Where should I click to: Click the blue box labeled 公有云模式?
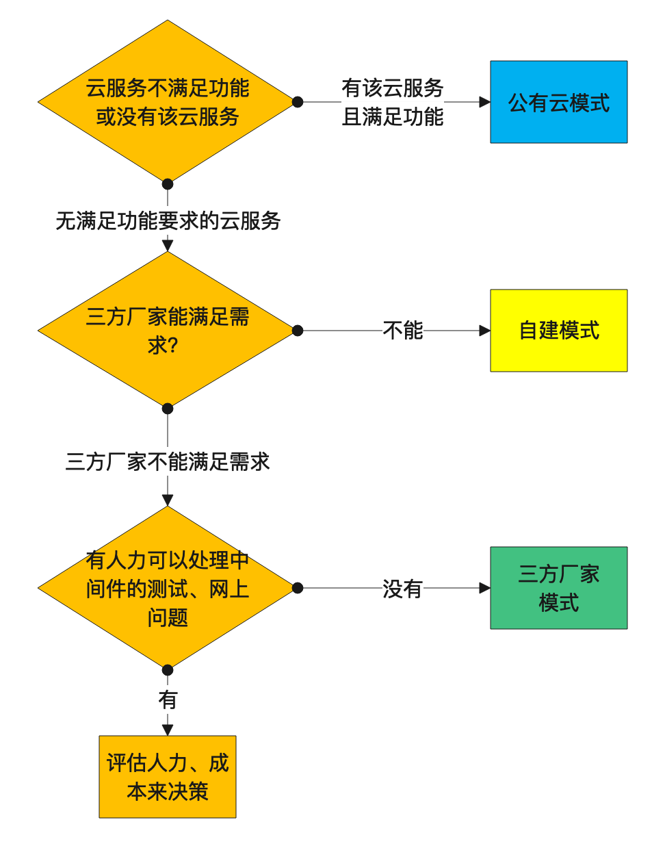[558, 102]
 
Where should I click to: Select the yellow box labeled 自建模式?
[558, 331]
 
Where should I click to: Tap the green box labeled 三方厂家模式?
[558, 588]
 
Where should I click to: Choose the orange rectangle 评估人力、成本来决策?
[168, 777]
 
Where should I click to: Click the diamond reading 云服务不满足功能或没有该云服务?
[168, 102]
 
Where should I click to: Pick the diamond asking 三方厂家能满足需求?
[168, 331]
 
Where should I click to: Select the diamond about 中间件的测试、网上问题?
[168, 588]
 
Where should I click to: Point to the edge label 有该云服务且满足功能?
[393, 102]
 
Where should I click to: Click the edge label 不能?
[403, 331]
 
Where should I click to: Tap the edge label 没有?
[402, 588]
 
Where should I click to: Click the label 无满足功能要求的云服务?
[168, 221]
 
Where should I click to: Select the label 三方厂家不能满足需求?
[168, 462]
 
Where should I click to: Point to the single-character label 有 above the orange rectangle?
[168, 700]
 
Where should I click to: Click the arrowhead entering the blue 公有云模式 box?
[485, 102]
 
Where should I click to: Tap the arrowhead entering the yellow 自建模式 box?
[485, 331]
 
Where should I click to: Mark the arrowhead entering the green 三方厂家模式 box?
[485, 588]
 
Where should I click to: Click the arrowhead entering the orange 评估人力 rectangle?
[168, 730]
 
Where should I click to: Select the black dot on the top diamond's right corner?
[298, 102]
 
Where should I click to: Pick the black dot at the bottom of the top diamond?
[168, 184]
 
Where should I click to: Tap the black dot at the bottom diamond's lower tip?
[168, 670]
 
